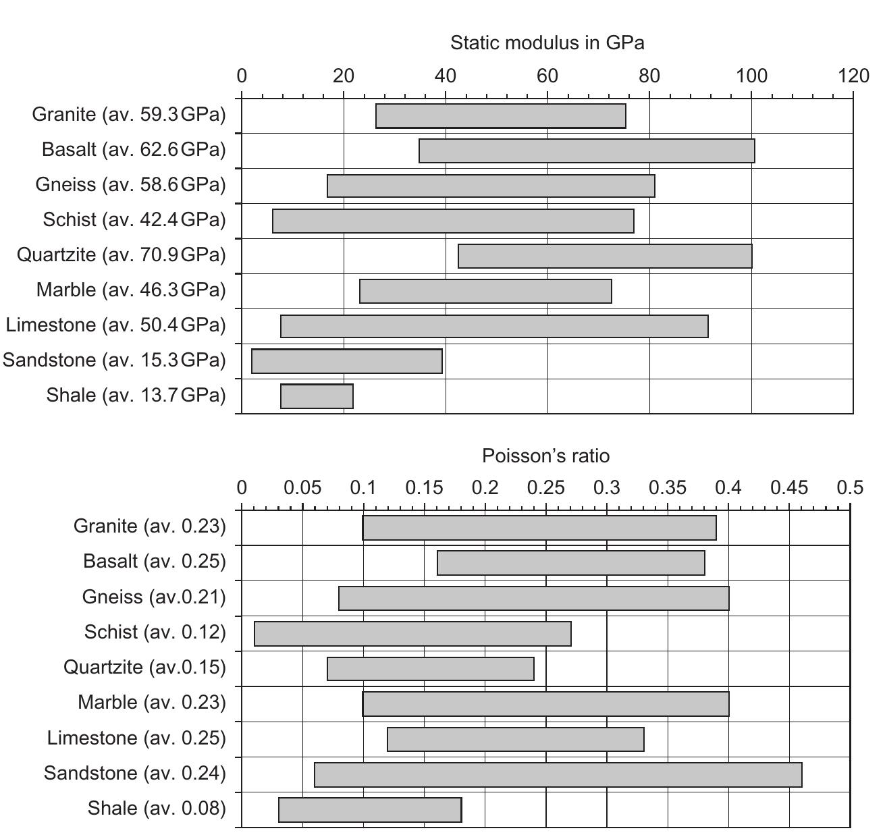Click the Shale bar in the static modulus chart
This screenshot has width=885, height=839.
pos(317,396)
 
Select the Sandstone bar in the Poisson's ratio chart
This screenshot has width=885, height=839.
pos(558,775)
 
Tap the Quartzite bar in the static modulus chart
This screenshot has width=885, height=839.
pos(605,256)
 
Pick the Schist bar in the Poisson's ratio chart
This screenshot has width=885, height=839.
pos(412,634)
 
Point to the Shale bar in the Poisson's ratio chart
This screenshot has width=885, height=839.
pos(370,810)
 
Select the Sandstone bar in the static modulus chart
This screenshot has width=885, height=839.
pos(347,361)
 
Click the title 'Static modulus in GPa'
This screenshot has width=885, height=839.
pos(547,43)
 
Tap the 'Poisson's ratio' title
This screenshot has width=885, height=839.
pos(545,456)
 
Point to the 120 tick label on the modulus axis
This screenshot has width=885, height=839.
pos(853,76)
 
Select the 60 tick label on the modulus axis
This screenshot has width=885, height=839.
pos(547,76)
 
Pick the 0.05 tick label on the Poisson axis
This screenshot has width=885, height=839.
pos(302,487)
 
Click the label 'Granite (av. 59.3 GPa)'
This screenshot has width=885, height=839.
pos(128,114)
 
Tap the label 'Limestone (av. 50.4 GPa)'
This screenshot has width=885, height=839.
pos(115,325)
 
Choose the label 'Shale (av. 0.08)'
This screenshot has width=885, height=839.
pos(157,808)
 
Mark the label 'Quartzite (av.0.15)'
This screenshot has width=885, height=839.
pos(144,667)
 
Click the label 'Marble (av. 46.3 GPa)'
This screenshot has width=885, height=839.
pos(130,290)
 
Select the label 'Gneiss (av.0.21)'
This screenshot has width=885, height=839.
pos(154,597)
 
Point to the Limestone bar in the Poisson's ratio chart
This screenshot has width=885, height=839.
pos(516,740)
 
